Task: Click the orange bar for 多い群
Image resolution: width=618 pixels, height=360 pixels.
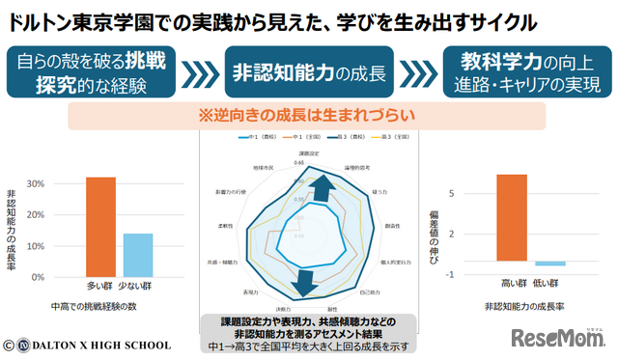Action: [x=100, y=227]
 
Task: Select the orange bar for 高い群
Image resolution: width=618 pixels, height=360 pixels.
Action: [x=512, y=217]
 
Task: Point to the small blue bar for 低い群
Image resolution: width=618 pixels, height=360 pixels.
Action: [x=549, y=263]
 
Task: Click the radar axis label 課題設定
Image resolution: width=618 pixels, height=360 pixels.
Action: [x=310, y=153]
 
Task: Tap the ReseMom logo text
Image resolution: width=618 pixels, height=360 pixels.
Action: [x=556, y=338]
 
